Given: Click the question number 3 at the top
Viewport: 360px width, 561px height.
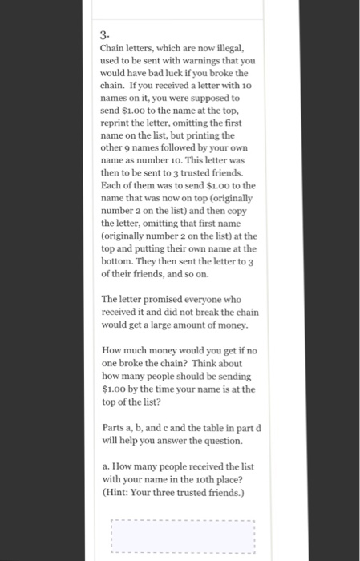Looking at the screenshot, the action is (x=104, y=35).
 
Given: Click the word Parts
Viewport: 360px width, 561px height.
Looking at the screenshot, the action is (x=115, y=427).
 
